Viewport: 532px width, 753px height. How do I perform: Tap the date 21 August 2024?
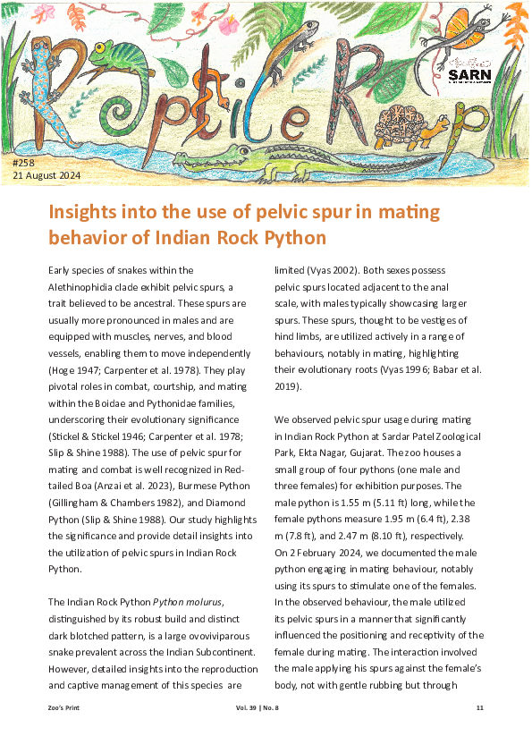click(x=46, y=175)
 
